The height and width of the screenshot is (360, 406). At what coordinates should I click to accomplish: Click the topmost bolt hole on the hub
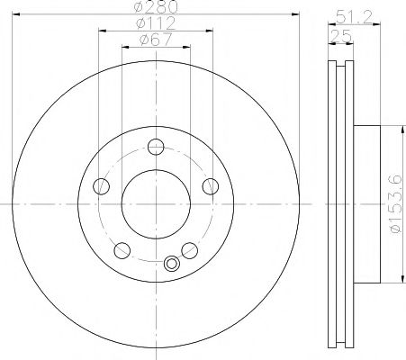[156, 147]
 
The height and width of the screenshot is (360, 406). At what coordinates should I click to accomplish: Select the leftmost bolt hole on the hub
[101, 186]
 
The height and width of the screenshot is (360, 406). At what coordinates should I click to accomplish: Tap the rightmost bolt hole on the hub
[211, 186]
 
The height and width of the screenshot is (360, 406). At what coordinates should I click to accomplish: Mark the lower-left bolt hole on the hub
[122, 249]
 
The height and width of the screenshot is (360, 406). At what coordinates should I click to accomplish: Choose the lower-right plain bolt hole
[190, 249]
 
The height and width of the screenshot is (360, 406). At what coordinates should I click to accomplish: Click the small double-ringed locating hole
[171, 264]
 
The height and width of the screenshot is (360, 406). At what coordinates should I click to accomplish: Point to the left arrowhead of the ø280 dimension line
[18, 15]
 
